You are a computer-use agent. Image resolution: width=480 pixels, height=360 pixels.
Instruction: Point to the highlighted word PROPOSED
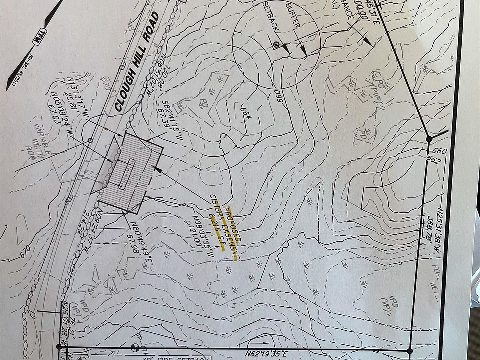(x=234, y=225)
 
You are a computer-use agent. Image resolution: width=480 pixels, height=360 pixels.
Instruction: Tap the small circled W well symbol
(x=275, y=45)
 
